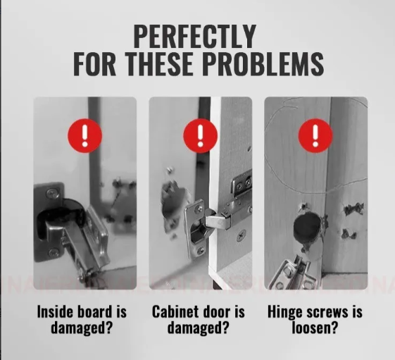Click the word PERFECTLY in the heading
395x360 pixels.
click(195, 37)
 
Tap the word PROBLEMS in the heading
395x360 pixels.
click(263, 64)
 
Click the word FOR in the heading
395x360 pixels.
click(94, 64)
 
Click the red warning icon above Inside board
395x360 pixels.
click(85, 136)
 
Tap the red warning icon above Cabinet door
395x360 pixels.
click(200, 136)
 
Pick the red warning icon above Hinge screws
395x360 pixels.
click(315, 136)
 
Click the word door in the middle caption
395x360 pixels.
click(213, 311)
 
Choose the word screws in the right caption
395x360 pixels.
click(327, 313)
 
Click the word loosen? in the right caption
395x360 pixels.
click(315, 328)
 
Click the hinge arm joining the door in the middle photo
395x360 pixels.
click(218, 219)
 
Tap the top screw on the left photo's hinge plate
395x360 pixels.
click(51, 194)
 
